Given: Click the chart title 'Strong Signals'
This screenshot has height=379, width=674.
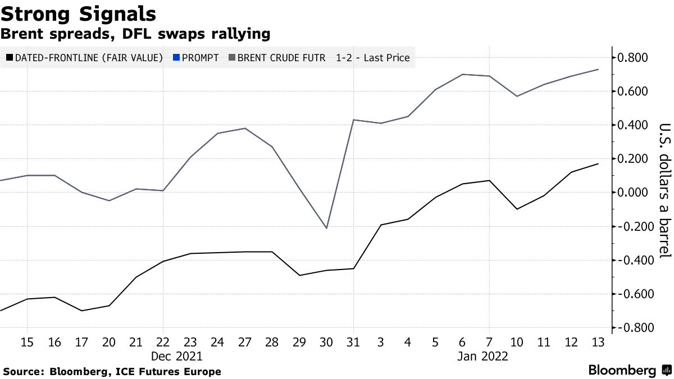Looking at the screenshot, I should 79,13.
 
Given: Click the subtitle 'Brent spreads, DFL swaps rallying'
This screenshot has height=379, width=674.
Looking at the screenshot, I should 135,34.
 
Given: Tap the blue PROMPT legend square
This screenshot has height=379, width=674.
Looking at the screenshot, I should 176,58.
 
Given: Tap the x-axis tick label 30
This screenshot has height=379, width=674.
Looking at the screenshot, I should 326,342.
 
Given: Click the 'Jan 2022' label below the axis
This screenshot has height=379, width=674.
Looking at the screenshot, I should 483,357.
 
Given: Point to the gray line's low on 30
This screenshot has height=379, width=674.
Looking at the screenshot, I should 326,228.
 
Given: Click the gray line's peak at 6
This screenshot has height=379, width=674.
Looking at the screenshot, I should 462,74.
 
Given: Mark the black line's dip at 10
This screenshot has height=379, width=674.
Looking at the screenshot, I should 517,209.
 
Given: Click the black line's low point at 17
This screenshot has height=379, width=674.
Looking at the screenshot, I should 81,310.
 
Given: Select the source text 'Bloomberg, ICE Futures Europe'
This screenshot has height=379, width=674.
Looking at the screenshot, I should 135,372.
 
